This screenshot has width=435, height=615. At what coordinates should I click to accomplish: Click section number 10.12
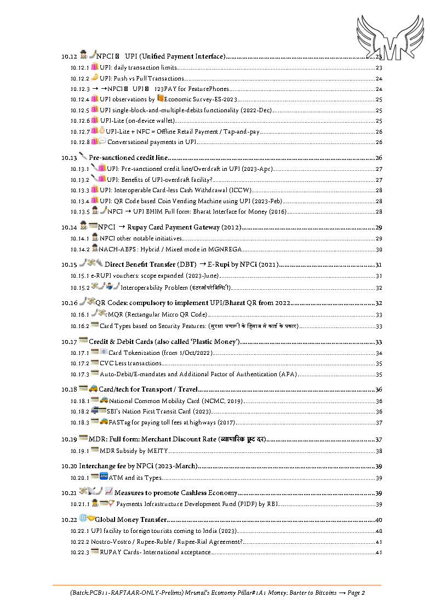click(x=70, y=56)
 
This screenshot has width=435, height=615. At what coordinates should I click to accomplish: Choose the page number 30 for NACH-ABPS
click(x=378, y=249)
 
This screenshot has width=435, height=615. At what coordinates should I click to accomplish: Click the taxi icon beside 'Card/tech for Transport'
click(x=93, y=389)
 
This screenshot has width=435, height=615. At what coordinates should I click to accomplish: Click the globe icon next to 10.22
click(x=83, y=518)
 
